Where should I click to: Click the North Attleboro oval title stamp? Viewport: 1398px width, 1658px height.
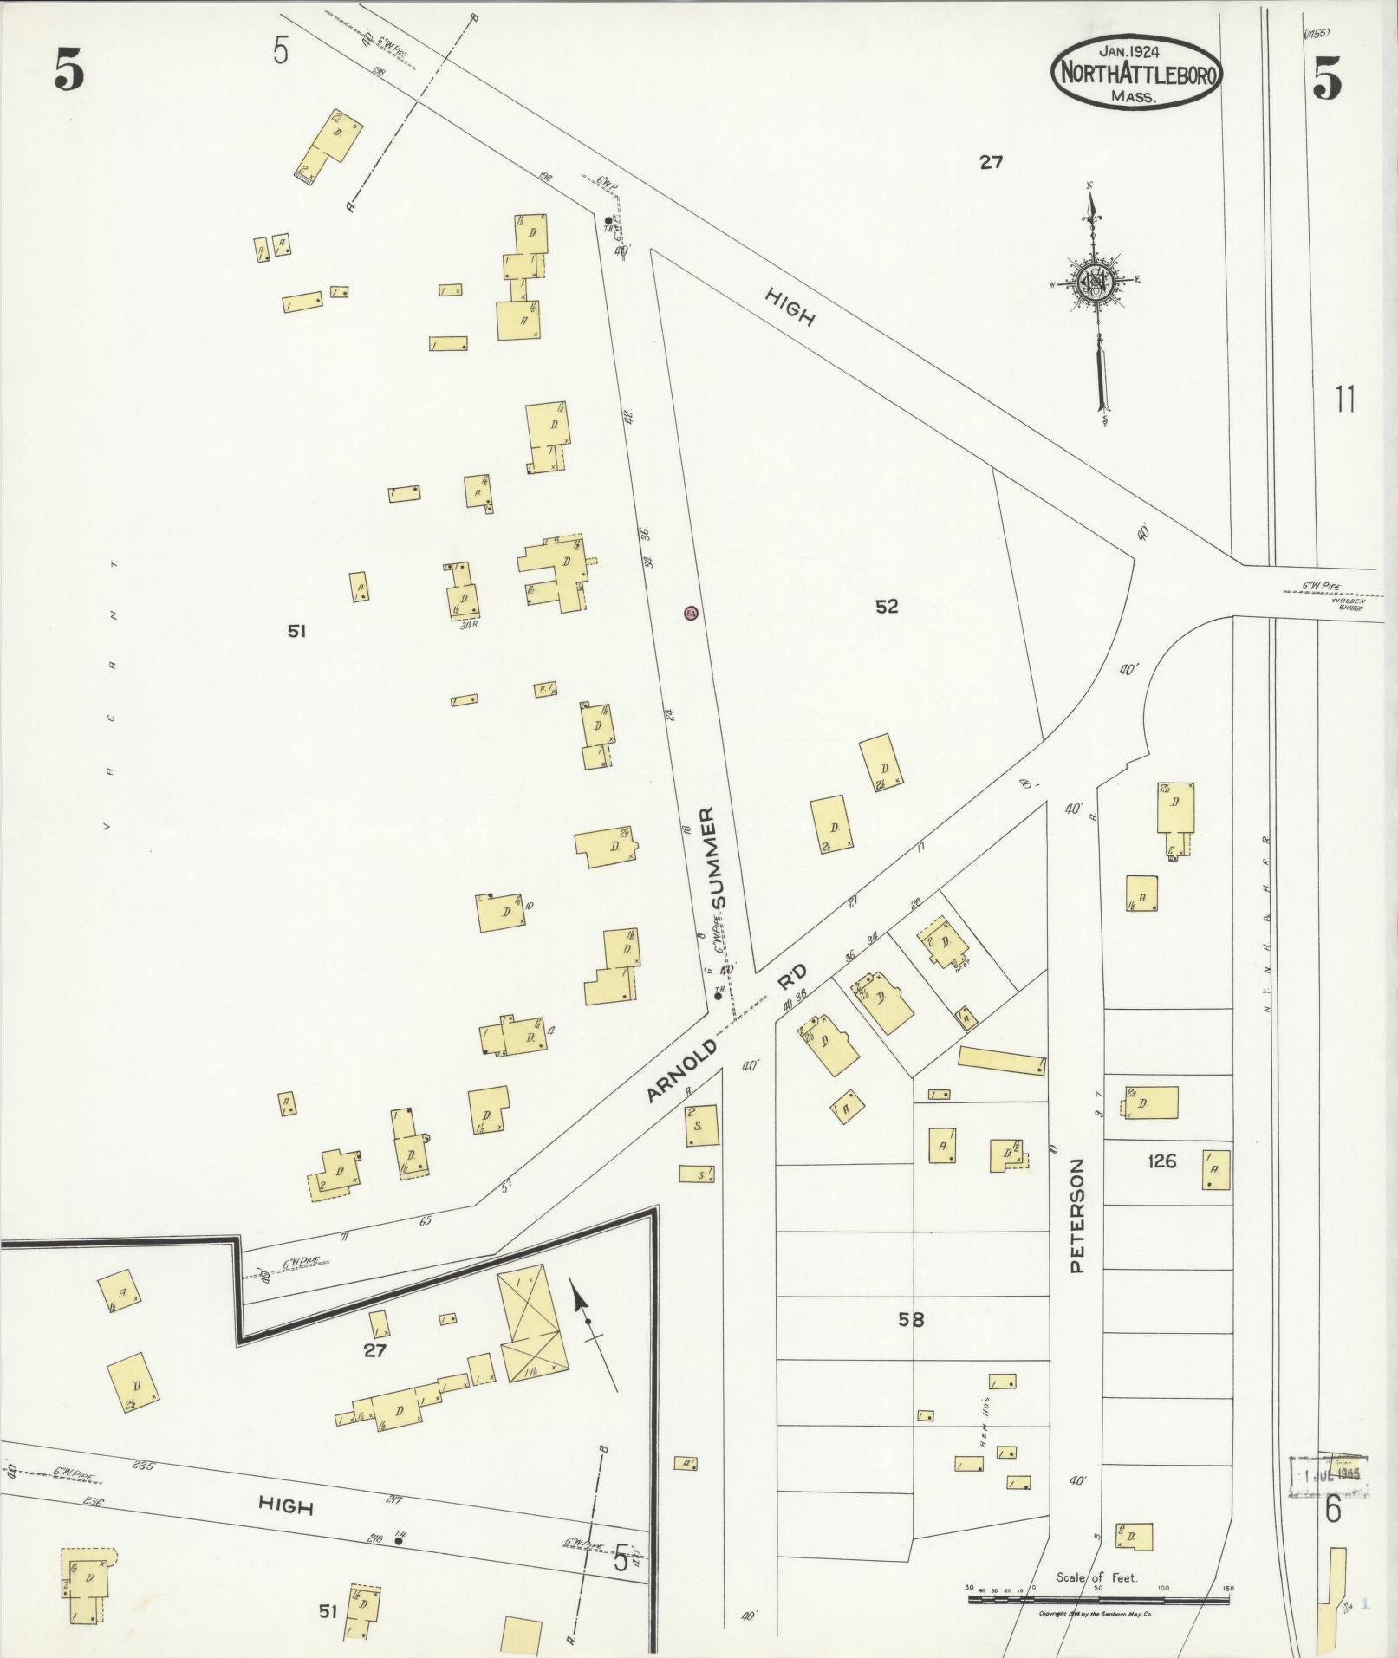coord(1135,72)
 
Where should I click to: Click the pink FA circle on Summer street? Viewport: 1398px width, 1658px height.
coord(691,613)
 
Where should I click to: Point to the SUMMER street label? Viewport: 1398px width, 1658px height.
coord(718,857)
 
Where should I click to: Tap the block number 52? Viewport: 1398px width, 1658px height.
coord(886,607)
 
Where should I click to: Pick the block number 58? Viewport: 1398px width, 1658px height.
coord(911,1320)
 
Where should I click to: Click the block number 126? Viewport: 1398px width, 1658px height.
coord(1161,1161)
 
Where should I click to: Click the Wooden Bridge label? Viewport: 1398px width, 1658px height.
coord(1347,603)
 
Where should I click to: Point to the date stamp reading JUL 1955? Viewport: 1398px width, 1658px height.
coord(1328,1474)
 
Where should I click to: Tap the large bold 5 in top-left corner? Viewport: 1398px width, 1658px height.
coord(69,68)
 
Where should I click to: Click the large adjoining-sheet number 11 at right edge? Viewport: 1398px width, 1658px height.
coord(1344,400)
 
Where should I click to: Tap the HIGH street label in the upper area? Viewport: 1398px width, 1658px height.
coord(790,307)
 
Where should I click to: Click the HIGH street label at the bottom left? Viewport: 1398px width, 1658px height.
coord(285,1506)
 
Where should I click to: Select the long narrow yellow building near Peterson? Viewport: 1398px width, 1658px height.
coord(1002,1060)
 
